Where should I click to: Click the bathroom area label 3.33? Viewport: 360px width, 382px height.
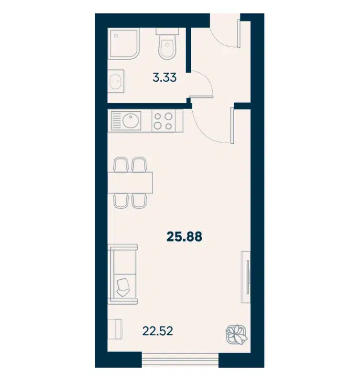point(164,78)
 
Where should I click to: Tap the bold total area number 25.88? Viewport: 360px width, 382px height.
point(185,236)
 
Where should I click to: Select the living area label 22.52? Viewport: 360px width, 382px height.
point(158,331)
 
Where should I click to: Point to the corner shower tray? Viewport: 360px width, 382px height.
point(125,43)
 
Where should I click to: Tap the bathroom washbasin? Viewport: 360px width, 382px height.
point(116,81)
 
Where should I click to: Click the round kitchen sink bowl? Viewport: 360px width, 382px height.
point(131,120)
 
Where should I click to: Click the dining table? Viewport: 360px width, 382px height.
point(130,183)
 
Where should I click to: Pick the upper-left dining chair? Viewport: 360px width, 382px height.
point(121,165)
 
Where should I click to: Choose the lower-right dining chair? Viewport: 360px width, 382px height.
point(139,201)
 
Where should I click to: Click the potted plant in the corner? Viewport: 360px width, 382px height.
point(237,334)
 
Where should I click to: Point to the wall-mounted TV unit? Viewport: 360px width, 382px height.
point(246,277)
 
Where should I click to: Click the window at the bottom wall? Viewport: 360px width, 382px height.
point(180,360)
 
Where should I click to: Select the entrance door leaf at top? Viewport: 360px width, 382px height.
point(239,33)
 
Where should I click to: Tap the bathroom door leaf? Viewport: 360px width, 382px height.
point(201,97)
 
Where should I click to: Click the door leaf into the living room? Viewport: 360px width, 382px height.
point(232,125)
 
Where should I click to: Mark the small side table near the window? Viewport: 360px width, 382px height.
point(115,329)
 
